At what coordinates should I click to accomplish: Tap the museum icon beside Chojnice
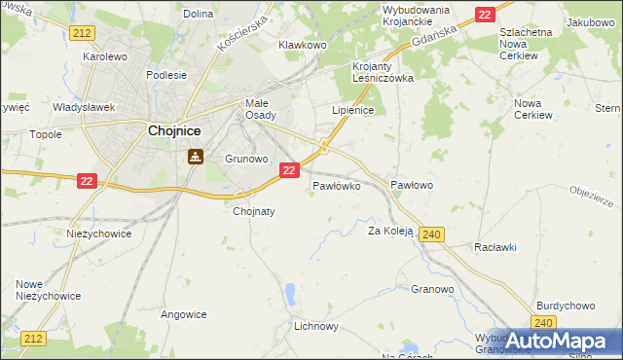pyautogui.click(x=196, y=155)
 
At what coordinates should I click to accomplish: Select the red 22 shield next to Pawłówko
pyautogui.click(x=289, y=170)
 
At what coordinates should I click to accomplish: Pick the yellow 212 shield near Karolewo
pyautogui.click(x=82, y=34)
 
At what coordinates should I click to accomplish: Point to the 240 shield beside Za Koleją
pyautogui.click(x=434, y=234)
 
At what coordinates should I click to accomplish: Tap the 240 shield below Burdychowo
pyautogui.click(x=545, y=323)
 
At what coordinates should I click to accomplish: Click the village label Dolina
pyautogui.click(x=198, y=14)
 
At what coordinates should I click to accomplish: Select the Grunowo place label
pyautogui.click(x=245, y=158)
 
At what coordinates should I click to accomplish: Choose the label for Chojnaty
pyautogui.click(x=254, y=210)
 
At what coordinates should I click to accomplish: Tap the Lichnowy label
pyautogui.click(x=315, y=327)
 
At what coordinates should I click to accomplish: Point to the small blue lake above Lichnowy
pyautogui.click(x=290, y=292)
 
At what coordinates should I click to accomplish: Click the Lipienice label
pyautogui.click(x=353, y=111)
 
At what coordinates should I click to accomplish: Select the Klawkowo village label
pyautogui.click(x=302, y=45)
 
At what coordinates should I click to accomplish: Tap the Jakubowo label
pyautogui.click(x=593, y=21)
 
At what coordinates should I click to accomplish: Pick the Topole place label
pyautogui.click(x=46, y=134)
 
